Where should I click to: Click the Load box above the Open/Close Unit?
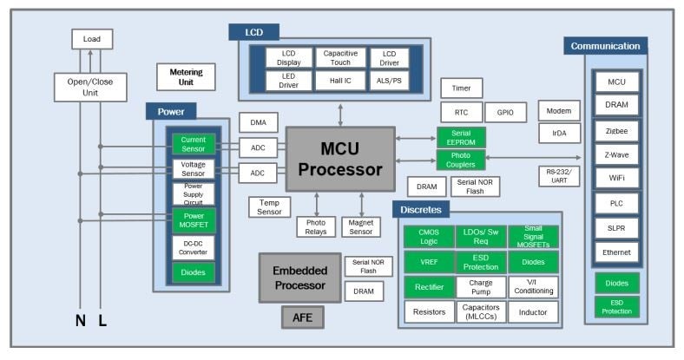(91, 39)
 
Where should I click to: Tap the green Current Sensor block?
(193, 144)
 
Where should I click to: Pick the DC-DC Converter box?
(193, 246)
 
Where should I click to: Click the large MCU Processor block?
(339, 159)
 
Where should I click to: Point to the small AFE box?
(302, 318)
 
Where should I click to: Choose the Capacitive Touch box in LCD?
(339, 58)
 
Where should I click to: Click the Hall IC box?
(339, 81)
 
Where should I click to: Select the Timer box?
(461, 88)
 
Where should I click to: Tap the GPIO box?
(504, 113)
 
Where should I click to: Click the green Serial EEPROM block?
(461, 136)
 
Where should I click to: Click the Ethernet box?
(616, 252)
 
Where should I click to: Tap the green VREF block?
(429, 262)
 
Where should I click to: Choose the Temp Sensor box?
(268, 206)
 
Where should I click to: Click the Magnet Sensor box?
(361, 226)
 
